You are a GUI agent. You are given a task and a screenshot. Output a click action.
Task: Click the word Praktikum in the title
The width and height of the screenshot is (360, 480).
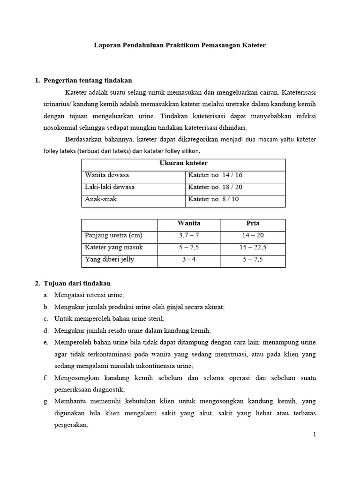pyautogui.click(x=180, y=45)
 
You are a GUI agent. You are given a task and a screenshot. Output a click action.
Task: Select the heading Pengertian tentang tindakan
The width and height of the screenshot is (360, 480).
pyautogui.click(x=88, y=81)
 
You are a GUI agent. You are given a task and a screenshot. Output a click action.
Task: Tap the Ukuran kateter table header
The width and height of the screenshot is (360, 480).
pyautogui.click(x=183, y=163)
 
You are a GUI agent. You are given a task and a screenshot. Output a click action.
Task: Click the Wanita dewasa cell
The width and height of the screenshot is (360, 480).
pyautogui.click(x=107, y=175)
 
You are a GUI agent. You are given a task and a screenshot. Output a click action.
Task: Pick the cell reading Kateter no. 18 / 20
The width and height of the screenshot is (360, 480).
pyautogui.click(x=215, y=187)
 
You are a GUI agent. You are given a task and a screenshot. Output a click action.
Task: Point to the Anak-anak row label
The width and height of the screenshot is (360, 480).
pyautogui.click(x=101, y=199)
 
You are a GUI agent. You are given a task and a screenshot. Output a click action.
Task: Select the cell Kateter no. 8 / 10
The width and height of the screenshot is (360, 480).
pyautogui.click(x=213, y=199)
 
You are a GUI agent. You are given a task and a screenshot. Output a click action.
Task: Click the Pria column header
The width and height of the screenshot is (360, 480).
pyautogui.click(x=252, y=223)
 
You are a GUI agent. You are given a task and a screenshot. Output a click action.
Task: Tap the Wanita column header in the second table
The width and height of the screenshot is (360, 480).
pyautogui.click(x=188, y=223)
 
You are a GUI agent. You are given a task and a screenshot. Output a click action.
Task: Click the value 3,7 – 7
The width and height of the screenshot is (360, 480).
pyautogui.click(x=188, y=235)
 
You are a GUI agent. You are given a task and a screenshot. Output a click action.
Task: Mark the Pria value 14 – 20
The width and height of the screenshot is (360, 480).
pyautogui.click(x=252, y=235)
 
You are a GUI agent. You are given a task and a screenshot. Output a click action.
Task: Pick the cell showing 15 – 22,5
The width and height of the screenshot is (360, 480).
pyautogui.click(x=252, y=247)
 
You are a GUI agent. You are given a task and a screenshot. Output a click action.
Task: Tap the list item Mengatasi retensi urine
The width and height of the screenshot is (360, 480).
pyautogui.click(x=89, y=295)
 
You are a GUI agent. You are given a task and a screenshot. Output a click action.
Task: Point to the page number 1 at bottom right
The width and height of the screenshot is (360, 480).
pyautogui.click(x=315, y=435)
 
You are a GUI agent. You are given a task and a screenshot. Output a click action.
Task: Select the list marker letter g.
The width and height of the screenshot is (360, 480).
pyautogui.click(x=45, y=402)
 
